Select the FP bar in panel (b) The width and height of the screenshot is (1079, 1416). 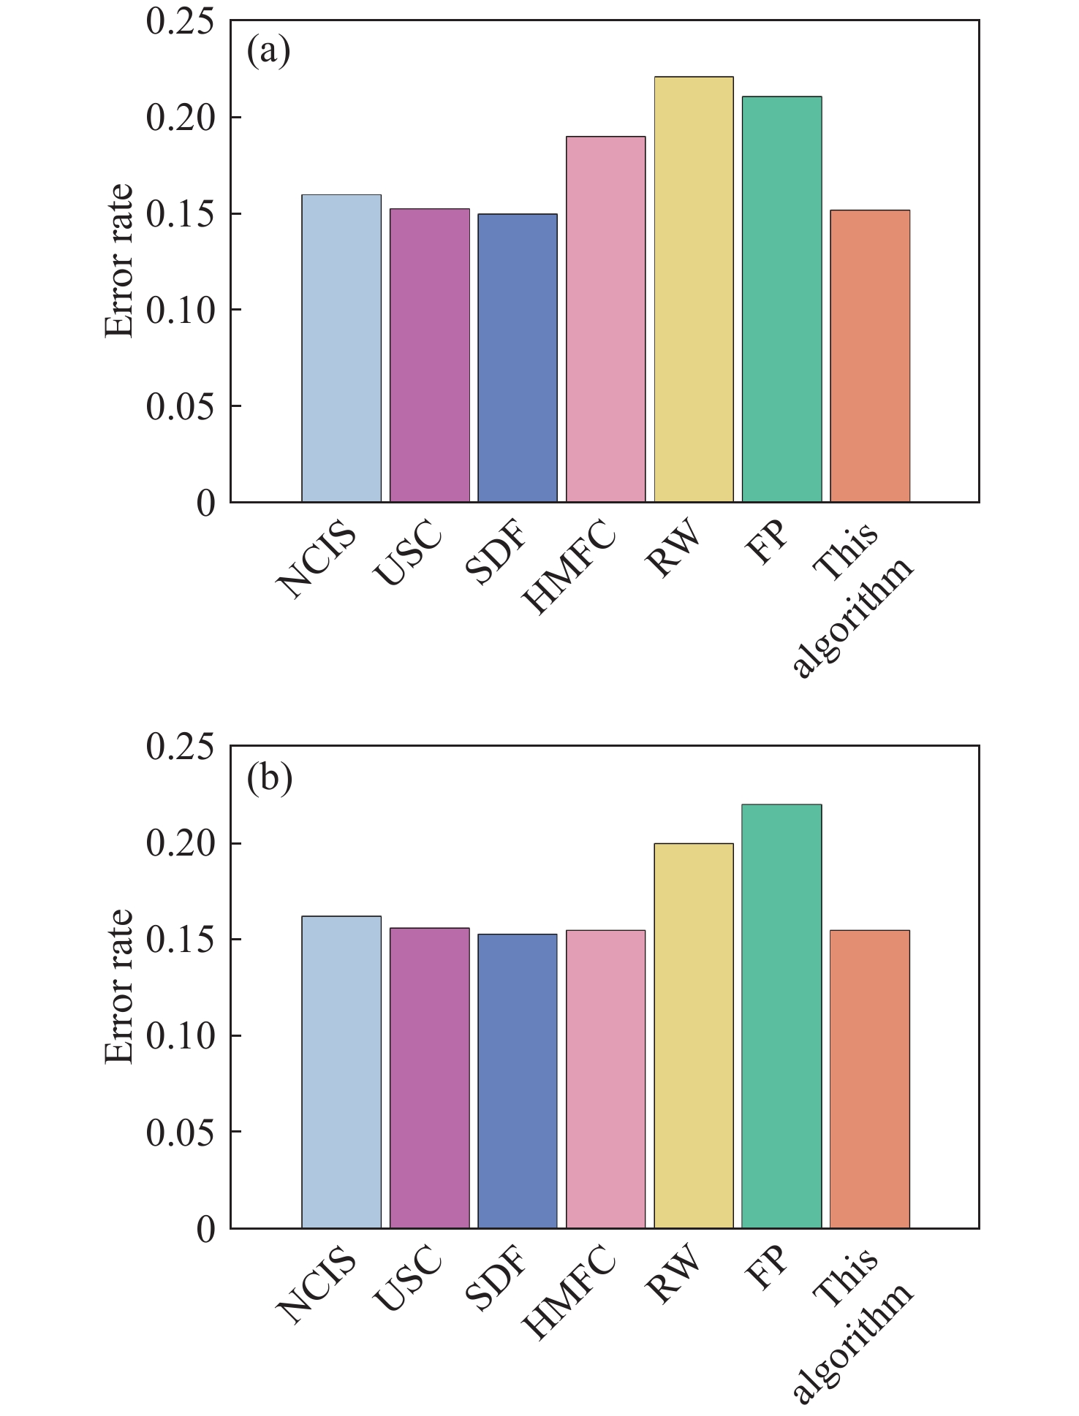point(781,1016)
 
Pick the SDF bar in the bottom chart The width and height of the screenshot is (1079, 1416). point(518,1081)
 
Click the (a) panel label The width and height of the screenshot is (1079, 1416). point(268,53)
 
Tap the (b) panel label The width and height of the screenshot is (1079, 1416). point(270,778)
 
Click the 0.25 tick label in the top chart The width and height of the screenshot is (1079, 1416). point(180,22)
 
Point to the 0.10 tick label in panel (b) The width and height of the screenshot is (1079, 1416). point(180,1036)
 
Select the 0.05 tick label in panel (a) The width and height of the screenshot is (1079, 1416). point(180,406)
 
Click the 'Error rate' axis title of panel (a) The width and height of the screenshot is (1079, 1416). point(118,261)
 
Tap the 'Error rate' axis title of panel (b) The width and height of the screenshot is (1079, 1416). point(118,986)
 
